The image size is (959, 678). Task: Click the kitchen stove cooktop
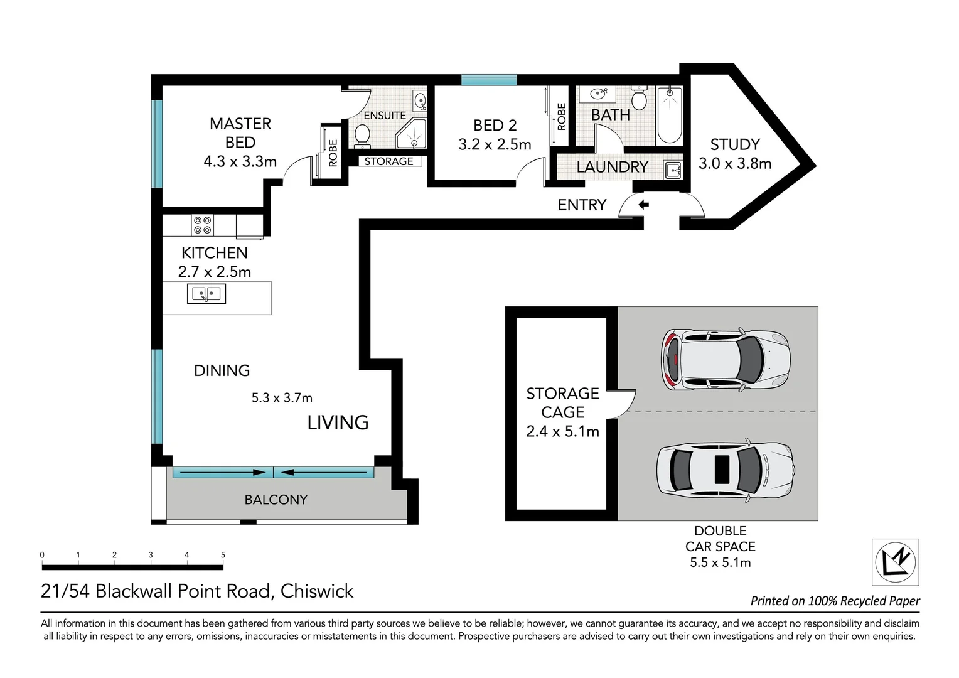(203, 225)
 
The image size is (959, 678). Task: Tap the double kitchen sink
(206, 294)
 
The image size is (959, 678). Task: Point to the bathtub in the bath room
(669, 115)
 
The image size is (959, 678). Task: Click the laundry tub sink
(673, 170)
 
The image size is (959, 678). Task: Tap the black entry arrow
(643, 205)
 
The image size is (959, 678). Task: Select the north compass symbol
(896, 562)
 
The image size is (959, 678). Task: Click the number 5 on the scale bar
(223, 555)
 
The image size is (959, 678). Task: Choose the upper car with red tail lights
(726, 360)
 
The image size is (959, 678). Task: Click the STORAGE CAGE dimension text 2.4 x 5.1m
(562, 431)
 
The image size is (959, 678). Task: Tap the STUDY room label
(735, 144)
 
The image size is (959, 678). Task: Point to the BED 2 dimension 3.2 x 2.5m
(495, 144)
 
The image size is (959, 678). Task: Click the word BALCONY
(276, 500)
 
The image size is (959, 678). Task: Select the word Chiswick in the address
(317, 591)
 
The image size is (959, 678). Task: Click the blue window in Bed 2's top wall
(488, 80)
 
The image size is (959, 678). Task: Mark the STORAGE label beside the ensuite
(388, 161)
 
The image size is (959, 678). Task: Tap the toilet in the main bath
(639, 98)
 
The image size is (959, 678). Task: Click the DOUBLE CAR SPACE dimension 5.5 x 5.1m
(720, 562)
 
